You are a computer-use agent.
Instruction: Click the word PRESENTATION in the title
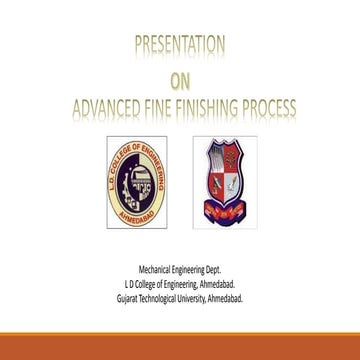click(x=179, y=45)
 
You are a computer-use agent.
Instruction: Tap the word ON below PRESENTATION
click(x=179, y=80)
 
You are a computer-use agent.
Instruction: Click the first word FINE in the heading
click(x=165, y=107)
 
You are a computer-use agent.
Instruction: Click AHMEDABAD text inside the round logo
click(x=138, y=219)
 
